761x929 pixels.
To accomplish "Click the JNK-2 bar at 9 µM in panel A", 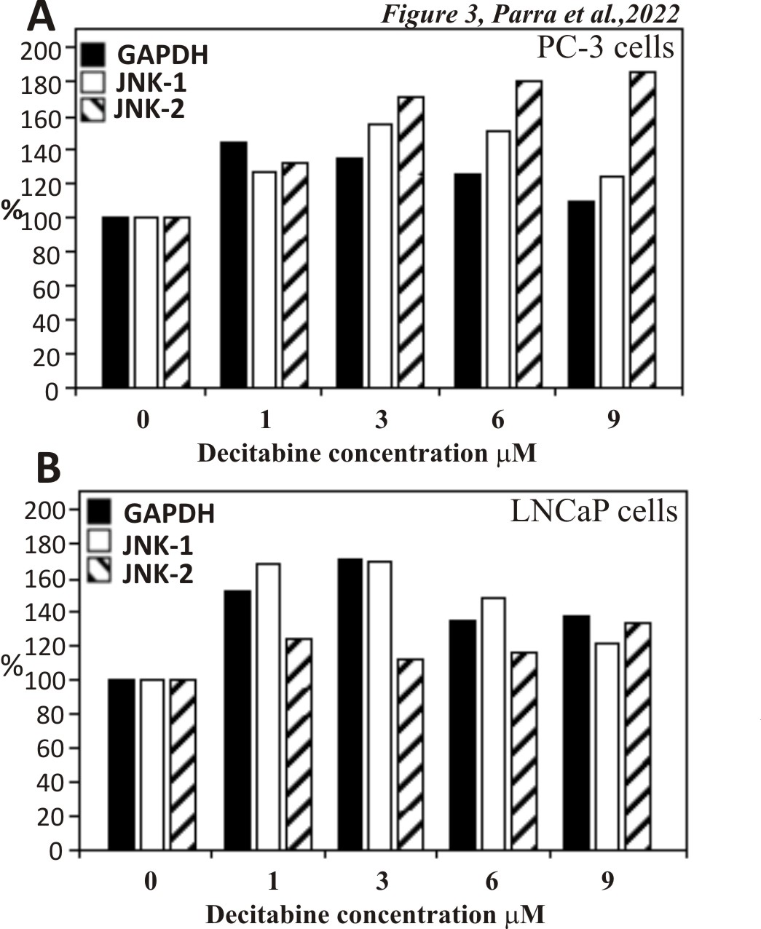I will point(642,229).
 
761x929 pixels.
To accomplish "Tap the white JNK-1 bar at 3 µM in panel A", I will point(380,256).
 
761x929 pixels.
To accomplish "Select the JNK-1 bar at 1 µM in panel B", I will point(269,706).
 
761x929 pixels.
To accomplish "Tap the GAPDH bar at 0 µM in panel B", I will point(122,764).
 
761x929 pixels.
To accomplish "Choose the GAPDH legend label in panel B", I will point(169,513).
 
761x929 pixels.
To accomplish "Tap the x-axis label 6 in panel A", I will point(498,420).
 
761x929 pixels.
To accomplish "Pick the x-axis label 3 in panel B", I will point(382,881).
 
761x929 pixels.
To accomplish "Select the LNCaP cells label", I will point(594,511).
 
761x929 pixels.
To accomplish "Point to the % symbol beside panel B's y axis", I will point(12,667).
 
